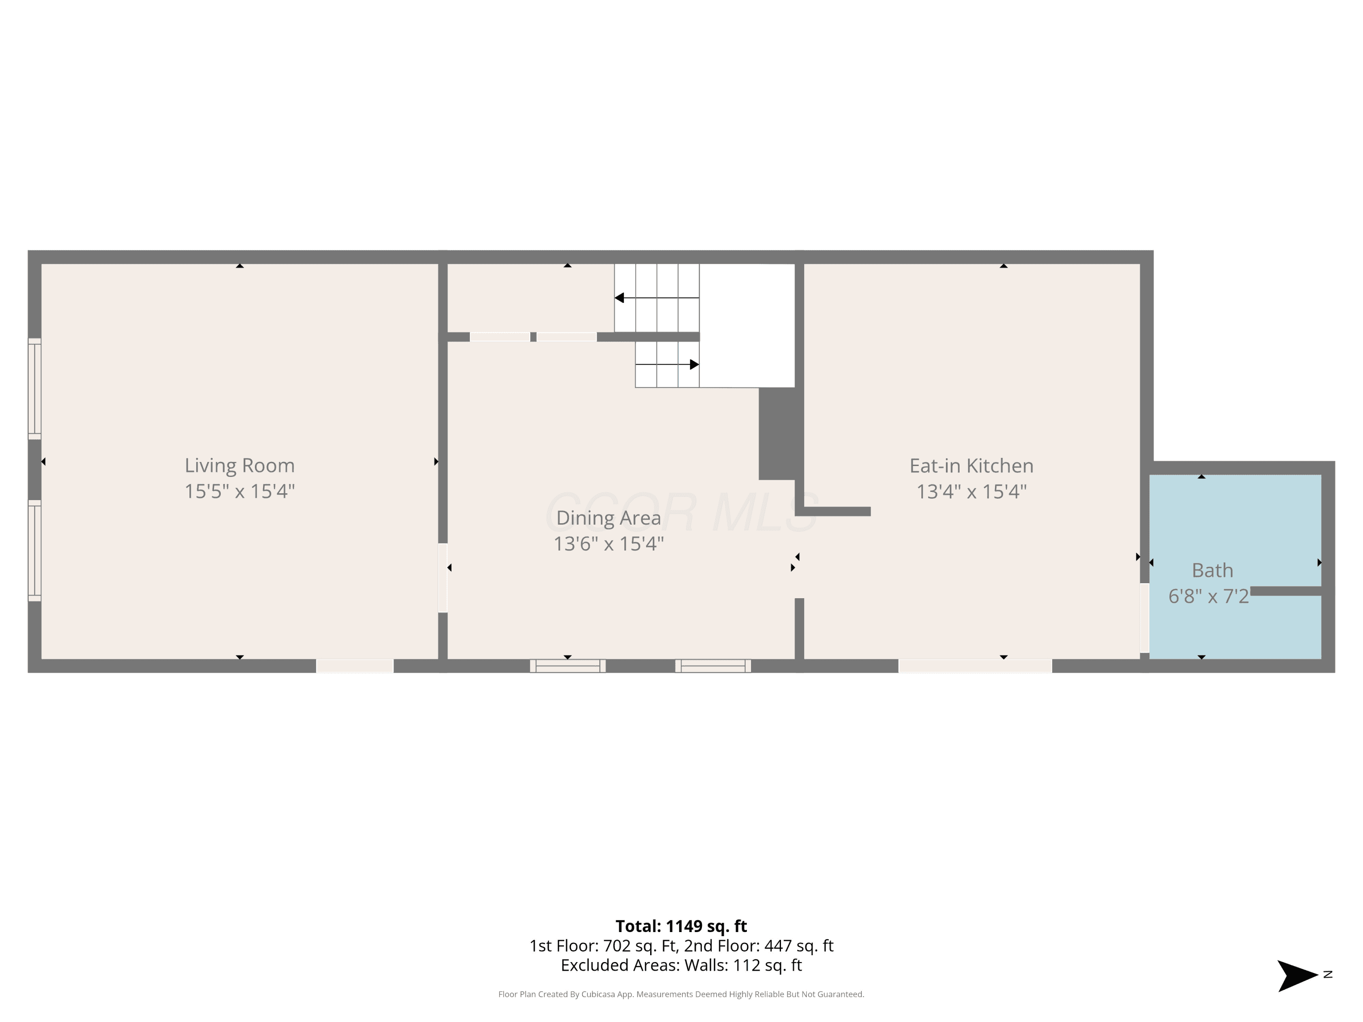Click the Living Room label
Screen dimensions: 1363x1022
tap(240, 465)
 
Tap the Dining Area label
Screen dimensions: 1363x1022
tap(609, 518)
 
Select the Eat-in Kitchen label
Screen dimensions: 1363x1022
tap(972, 466)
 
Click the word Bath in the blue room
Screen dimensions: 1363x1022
tap(1213, 571)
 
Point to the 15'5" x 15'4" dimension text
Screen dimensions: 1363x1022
tap(240, 491)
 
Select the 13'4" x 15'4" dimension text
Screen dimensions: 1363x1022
tap(972, 491)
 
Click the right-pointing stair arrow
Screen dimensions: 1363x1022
tap(667, 365)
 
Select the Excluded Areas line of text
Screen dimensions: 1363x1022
tap(681, 965)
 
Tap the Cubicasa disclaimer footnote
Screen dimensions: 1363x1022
tap(681, 994)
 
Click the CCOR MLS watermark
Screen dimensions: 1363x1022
tap(681, 512)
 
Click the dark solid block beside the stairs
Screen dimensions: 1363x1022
tap(777, 434)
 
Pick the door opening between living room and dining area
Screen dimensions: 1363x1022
tap(443, 578)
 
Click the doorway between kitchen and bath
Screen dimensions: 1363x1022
tap(1144, 618)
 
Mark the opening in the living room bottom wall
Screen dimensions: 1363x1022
tap(355, 666)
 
